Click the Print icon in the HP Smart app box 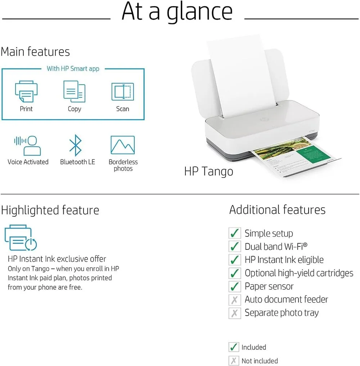(26, 91)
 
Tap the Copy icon (74, 91)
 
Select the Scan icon (122, 91)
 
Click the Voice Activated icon (28, 145)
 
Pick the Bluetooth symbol (75, 145)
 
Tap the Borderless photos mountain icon (122, 145)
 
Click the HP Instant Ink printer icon (21, 238)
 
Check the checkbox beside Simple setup (235, 233)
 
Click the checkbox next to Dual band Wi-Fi (235, 246)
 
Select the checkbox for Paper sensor (235, 286)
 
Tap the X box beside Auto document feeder (235, 300)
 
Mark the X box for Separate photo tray (235, 313)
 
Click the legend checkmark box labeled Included (234, 347)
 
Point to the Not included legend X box (234, 361)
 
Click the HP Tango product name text (208, 172)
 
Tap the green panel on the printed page (312, 153)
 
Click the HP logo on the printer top (264, 119)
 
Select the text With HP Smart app (73, 69)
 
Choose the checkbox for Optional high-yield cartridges (235, 273)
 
